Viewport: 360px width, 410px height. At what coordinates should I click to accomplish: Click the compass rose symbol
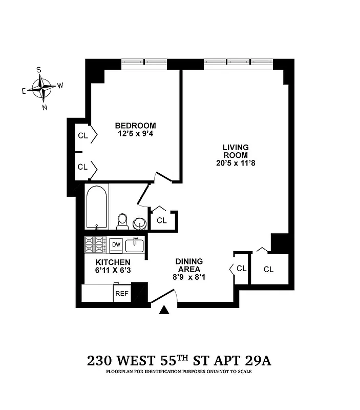click(42, 88)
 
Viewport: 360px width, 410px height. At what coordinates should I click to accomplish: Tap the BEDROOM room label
click(135, 126)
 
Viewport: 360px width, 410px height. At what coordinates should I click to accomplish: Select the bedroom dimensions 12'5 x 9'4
click(135, 134)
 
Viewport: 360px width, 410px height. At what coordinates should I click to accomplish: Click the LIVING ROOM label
click(236, 151)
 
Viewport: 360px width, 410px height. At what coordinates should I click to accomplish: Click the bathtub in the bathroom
click(97, 207)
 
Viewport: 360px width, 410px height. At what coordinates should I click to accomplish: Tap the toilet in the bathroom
click(122, 221)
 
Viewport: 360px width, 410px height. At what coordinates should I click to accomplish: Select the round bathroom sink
click(139, 223)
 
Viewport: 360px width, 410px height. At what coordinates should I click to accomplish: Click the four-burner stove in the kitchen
click(96, 244)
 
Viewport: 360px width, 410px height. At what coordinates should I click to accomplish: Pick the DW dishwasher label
click(116, 245)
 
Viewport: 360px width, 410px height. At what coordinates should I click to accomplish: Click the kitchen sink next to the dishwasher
click(135, 244)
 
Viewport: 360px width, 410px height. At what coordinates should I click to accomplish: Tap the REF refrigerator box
click(121, 294)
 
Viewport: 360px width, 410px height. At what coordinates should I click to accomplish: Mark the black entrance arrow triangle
click(164, 311)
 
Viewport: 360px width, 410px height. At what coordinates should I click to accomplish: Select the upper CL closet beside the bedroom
click(83, 136)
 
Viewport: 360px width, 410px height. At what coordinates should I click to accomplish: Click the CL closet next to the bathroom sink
click(162, 220)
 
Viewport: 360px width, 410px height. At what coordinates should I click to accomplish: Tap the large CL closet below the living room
click(269, 269)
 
